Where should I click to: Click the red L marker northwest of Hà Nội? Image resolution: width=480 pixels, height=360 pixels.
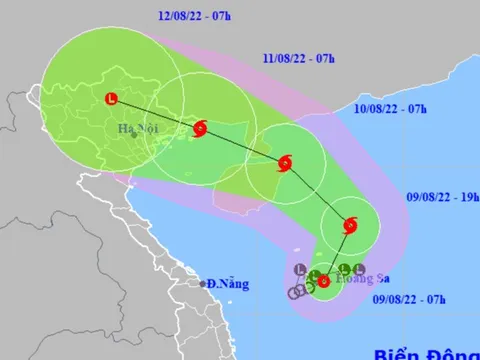[x=111, y=98]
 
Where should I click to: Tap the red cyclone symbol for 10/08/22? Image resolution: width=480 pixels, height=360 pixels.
[x=285, y=164]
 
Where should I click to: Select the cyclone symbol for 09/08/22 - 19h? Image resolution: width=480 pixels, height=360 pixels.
[x=349, y=225]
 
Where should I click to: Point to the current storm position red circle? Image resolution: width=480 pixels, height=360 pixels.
[x=323, y=281]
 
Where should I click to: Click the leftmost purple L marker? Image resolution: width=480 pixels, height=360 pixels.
[x=300, y=267]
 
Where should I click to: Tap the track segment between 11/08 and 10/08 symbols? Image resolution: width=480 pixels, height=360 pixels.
[x=242, y=146]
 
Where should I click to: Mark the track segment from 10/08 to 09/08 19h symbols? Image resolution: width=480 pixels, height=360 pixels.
[x=317, y=194]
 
